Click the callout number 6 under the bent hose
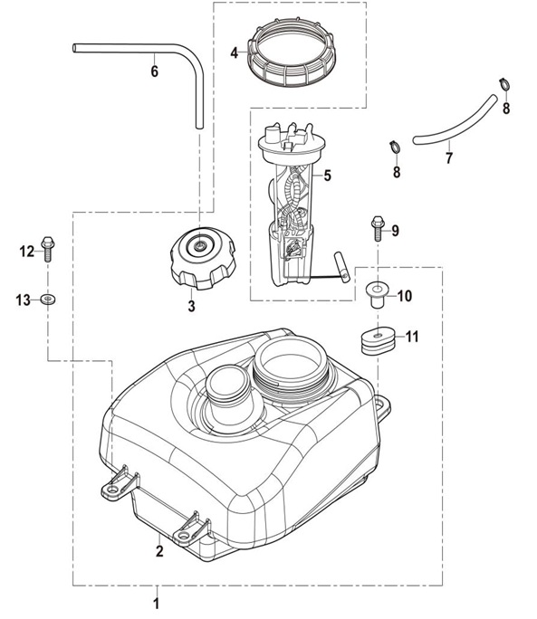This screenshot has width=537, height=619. [x=155, y=71]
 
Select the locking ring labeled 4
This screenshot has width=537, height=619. [x=292, y=52]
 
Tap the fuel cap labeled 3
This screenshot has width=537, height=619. [x=203, y=258]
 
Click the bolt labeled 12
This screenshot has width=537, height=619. [x=47, y=249]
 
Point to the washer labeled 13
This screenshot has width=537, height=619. [x=48, y=299]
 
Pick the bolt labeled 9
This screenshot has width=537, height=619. [x=379, y=228]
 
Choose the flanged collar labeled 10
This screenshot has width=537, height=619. [x=378, y=294]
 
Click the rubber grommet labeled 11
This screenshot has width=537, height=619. [x=379, y=340]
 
